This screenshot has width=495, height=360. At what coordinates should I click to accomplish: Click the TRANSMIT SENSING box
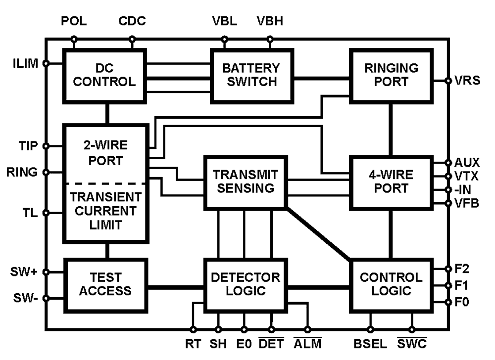246,181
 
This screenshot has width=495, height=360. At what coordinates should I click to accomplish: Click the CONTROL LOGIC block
391,284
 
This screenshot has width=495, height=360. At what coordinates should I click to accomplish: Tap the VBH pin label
270,22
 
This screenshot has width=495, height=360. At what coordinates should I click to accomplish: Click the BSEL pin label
370,343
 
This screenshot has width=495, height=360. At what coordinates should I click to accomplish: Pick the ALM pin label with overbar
308,343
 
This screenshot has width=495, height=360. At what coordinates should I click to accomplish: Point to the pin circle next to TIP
46,146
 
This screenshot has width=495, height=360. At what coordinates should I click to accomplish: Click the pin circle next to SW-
46,298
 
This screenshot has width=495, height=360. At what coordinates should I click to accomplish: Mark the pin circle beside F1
448,285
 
